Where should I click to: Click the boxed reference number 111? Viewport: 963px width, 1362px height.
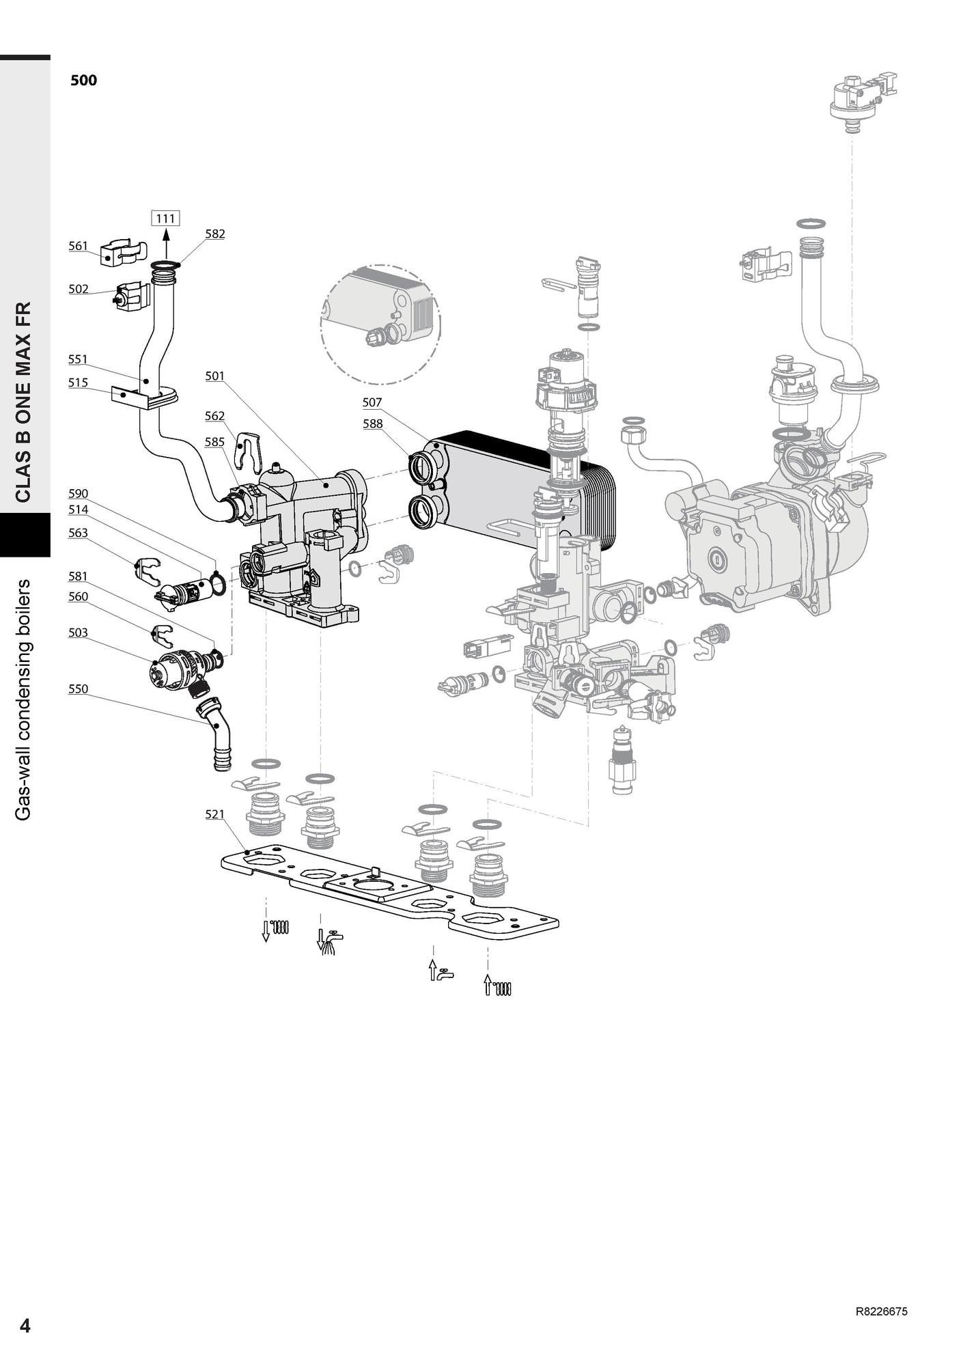point(165,219)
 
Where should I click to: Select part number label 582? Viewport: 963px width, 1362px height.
point(215,234)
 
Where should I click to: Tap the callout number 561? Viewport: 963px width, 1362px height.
point(79,246)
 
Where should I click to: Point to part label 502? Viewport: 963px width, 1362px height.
point(79,289)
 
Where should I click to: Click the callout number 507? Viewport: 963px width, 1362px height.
point(372,403)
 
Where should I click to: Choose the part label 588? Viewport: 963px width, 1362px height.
point(373,423)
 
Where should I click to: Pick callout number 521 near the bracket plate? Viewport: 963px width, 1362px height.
point(215,814)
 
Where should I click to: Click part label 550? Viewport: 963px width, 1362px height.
point(79,689)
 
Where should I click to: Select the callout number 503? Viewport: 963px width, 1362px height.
point(79,633)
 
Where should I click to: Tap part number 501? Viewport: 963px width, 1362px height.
point(215,376)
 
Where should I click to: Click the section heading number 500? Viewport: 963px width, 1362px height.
point(84,81)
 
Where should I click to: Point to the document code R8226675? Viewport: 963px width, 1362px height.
point(881,1311)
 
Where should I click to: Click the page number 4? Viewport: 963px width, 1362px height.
point(25,1326)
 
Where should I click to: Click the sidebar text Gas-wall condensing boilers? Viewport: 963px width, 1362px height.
point(24,700)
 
